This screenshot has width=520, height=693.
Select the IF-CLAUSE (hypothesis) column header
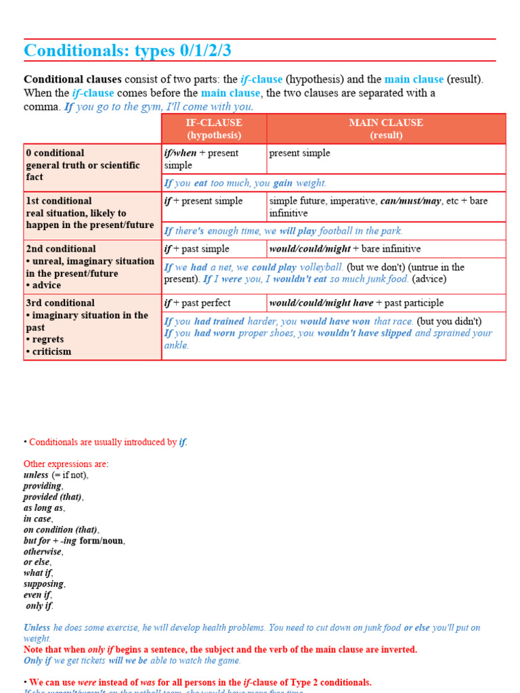coord(214,129)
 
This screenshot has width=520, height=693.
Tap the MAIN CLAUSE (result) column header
coord(386,129)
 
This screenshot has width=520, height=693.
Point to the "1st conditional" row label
coord(59,201)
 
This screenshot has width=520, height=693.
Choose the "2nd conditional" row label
coord(61,249)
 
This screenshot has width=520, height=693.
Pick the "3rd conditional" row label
coord(60,303)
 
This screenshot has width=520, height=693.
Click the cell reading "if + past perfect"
coord(198,303)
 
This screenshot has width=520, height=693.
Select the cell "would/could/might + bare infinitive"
coord(345,249)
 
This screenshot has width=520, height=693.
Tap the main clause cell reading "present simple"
coord(300,153)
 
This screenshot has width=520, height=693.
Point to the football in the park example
coord(284,231)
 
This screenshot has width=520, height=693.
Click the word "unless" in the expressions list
coord(36,475)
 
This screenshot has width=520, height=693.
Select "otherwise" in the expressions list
coord(43,552)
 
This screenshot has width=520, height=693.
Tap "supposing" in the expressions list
coord(44,584)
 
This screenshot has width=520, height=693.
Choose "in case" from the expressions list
coord(38,519)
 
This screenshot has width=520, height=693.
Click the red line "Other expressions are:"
coord(66,464)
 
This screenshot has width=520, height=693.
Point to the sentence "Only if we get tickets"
coord(132,661)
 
